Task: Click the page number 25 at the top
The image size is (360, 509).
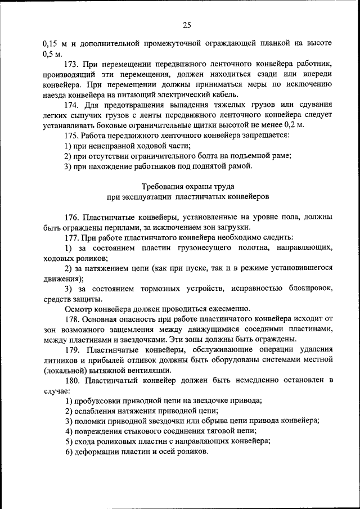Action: click(x=187, y=24)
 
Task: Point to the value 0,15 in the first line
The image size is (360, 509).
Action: click(x=51, y=43)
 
